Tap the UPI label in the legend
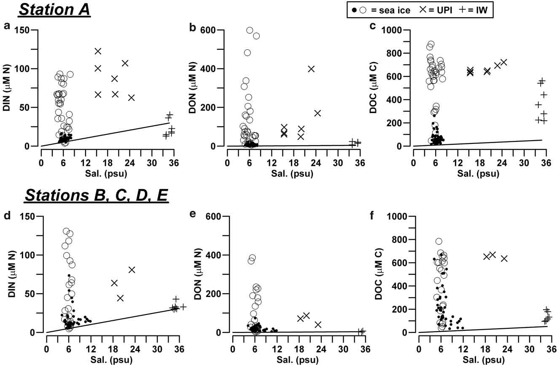click(447, 10)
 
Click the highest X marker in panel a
click(98, 51)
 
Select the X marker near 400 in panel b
click(311, 69)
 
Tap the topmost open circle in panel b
click(250, 30)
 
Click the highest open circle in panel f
click(439, 241)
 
